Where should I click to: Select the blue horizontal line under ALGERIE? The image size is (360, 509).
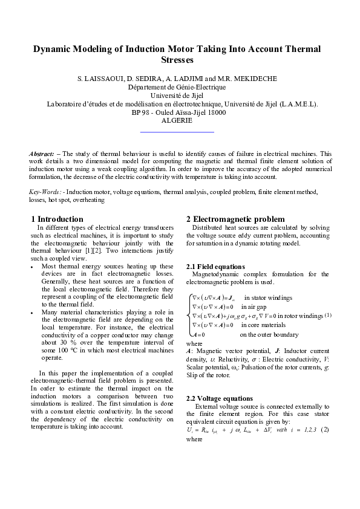177,131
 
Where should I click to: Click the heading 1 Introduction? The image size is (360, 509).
57,219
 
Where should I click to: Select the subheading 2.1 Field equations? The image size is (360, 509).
215,267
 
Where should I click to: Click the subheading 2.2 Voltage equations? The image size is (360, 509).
220,398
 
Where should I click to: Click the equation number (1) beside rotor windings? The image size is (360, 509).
327,315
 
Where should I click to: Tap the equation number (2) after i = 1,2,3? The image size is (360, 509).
324,430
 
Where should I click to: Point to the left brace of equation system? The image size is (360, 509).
188,315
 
